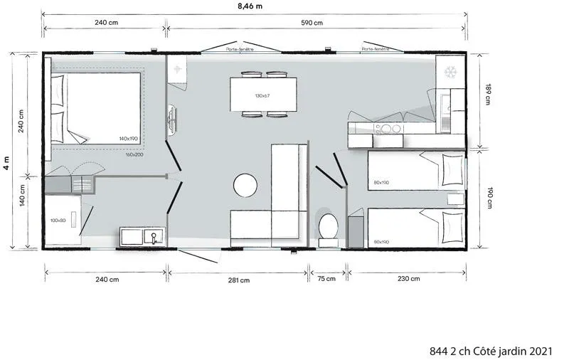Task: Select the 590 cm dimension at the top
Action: click(x=312, y=23)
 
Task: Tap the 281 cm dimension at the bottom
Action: click(x=239, y=280)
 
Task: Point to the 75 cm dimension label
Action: click(x=326, y=280)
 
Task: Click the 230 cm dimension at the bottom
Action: click(x=407, y=280)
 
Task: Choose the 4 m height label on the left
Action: click(x=6, y=163)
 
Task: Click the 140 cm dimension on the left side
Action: click(x=21, y=195)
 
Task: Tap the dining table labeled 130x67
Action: click(x=262, y=95)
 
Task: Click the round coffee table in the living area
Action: click(x=245, y=186)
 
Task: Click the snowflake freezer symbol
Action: click(x=450, y=72)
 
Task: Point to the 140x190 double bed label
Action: click(x=128, y=139)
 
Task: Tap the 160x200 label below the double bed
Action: click(x=134, y=154)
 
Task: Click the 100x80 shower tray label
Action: click(x=58, y=221)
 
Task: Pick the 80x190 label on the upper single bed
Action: click(x=381, y=183)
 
